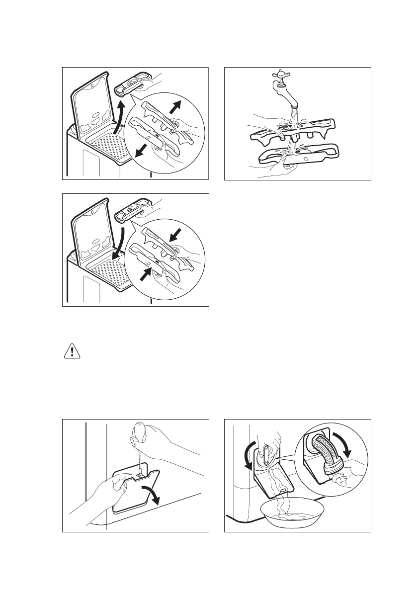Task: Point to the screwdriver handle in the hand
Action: coord(139,431)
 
